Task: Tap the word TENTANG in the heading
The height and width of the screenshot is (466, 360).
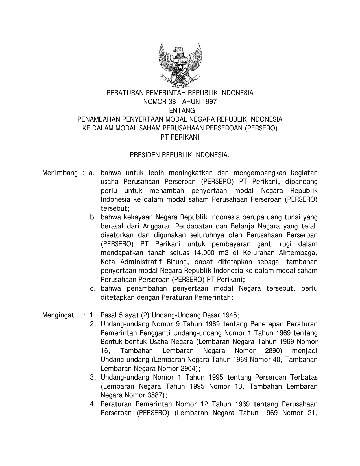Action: [180, 110]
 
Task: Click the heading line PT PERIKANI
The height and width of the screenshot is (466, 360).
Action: [180, 137]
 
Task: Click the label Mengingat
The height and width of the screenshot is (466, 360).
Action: [58, 315]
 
